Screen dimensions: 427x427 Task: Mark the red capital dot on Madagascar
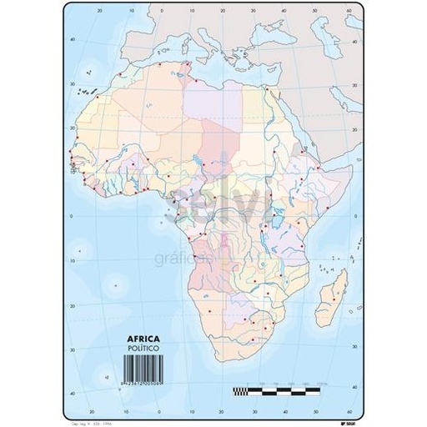pos(336,289)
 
